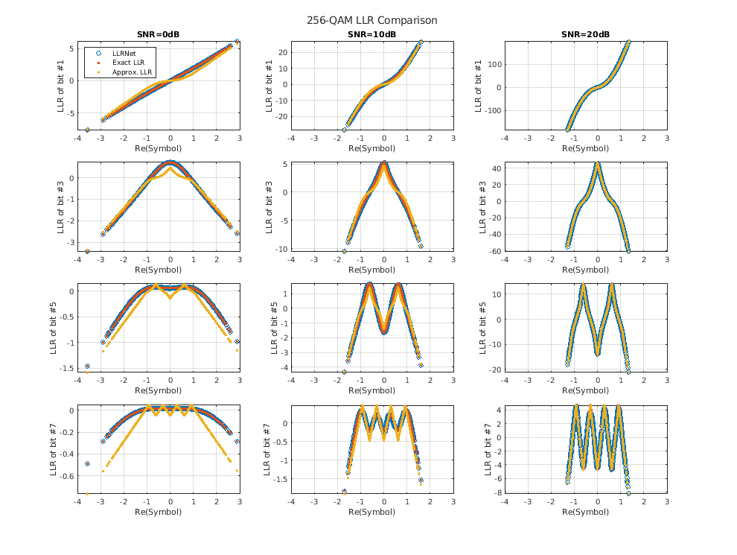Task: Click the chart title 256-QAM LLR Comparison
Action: tap(371, 20)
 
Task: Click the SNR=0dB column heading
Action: tap(156, 34)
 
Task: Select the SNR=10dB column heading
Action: tap(370, 34)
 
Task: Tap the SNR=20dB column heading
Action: tap(585, 34)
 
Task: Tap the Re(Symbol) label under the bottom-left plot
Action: tap(156, 513)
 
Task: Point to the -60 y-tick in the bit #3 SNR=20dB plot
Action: tap(493, 251)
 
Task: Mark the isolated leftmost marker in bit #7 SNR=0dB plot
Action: tap(87, 463)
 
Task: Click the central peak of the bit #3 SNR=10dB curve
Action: tap(384, 163)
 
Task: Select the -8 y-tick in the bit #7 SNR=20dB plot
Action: tap(495, 492)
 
